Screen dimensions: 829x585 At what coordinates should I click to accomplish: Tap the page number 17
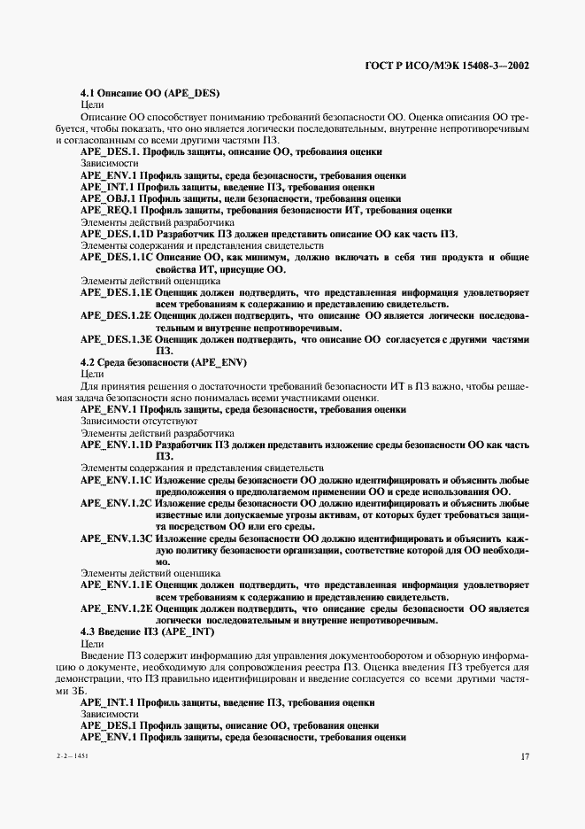tap(524, 756)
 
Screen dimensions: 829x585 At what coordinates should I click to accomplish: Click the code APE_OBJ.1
tap(106, 198)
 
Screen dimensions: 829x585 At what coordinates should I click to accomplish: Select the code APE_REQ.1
tap(107, 210)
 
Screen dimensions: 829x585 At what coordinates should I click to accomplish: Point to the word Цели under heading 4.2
tap(92, 374)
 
